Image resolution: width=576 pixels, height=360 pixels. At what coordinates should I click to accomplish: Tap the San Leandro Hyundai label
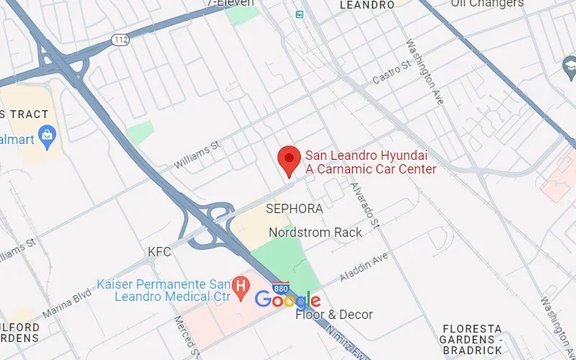pyautogui.click(x=371, y=162)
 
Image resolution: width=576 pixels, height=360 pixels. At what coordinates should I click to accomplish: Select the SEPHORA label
pyautogui.click(x=294, y=208)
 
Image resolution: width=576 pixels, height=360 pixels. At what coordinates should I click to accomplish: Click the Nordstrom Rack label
pyautogui.click(x=315, y=233)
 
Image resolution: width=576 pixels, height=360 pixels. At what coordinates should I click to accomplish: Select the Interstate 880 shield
pyautogui.click(x=282, y=287)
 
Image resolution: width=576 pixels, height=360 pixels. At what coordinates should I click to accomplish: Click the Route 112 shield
pyautogui.click(x=120, y=40)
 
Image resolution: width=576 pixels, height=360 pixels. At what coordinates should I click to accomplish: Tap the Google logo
pyautogui.click(x=287, y=300)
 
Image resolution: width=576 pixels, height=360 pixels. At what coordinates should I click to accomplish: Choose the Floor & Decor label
pyautogui.click(x=334, y=315)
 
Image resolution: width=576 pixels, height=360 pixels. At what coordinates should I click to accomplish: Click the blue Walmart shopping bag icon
pyautogui.click(x=48, y=135)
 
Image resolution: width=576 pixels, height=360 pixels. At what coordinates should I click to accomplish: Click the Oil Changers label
pyautogui.click(x=487, y=4)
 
